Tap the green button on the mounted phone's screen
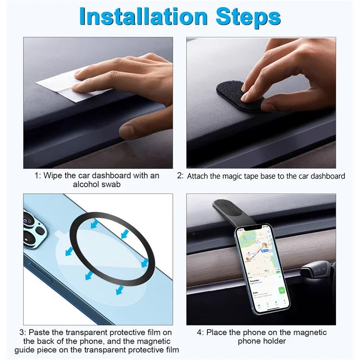281,290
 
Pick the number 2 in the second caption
180,176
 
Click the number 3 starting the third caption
21,332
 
